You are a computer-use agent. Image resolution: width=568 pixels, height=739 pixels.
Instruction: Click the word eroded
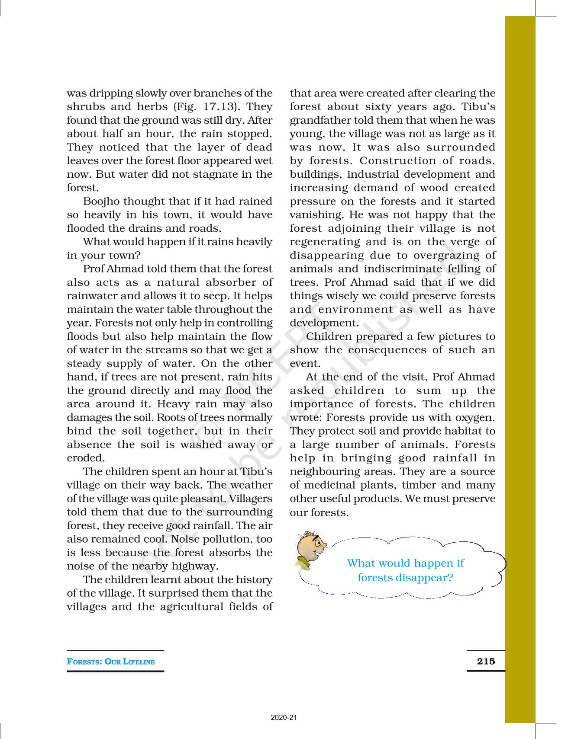tap(85, 458)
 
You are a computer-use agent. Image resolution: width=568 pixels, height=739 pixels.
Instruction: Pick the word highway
tap(195, 566)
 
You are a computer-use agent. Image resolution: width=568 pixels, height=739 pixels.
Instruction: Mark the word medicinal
tap(336, 486)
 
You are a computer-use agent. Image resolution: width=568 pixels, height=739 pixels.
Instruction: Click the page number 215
tap(486, 661)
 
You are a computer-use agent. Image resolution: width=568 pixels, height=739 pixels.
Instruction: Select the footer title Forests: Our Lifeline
tap(111, 662)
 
